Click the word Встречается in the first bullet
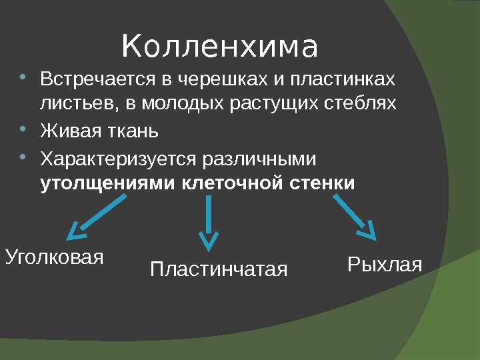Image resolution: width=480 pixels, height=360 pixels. (x=97, y=80)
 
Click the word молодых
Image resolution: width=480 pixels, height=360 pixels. (x=173, y=105)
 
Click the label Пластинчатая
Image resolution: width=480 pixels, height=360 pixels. (x=219, y=270)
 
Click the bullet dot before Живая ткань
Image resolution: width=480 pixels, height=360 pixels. (x=25, y=127)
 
